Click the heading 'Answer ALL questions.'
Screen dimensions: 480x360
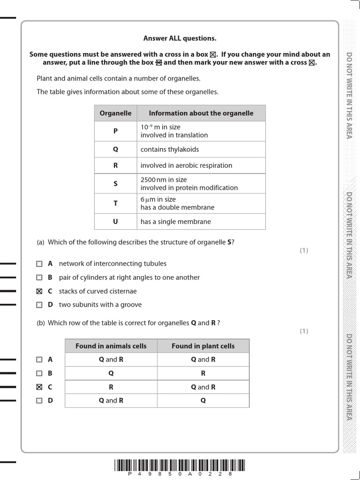tap(180, 38)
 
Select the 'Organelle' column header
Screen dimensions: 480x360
tap(115, 113)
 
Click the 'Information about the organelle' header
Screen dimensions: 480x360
tap(201, 113)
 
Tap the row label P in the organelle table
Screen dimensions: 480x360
tap(115, 131)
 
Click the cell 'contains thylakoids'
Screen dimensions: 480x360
tap(170, 150)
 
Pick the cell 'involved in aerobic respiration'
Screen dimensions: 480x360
tap(186, 165)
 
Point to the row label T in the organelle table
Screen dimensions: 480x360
tap(115, 203)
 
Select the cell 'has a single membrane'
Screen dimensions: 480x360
tap(176, 222)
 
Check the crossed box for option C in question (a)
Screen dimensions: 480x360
tap(39, 291)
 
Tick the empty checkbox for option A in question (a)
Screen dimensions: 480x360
tap(39, 264)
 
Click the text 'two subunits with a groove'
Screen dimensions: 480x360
tap(100, 305)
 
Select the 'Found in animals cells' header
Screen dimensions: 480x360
tap(111, 346)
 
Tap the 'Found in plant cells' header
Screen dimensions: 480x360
tap(203, 346)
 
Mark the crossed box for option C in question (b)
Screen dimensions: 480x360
tap(39, 387)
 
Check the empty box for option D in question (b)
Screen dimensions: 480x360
tap(39, 401)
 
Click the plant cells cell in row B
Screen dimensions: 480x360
tap(203, 374)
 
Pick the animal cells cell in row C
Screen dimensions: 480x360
tap(111, 387)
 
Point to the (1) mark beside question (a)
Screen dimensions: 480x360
tap(304, 250)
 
